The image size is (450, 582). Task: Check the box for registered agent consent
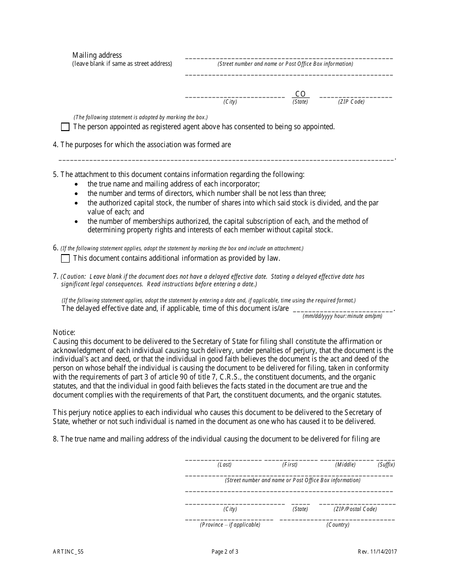click(65, 127)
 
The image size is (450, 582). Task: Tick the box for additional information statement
click(65, 258)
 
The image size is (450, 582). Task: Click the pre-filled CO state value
click(300, 94)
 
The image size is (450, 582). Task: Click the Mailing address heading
click(97, 55)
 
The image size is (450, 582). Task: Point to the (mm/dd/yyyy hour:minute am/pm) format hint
click(342, 316)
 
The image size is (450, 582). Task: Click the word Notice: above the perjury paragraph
click(64, 333)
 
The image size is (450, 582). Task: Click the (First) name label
click(290, 465)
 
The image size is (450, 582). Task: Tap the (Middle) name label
click(345, 465)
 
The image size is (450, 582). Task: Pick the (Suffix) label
click(386, 465)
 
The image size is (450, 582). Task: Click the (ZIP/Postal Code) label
click(355, 509)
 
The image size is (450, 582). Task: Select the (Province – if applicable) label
click(230, 525)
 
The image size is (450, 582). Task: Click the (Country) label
click(338, 525)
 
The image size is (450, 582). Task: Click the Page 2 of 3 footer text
click(225, 551)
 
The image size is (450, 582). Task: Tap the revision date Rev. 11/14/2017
click(378, 551)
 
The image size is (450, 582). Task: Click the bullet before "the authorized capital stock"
click(77, 203)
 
